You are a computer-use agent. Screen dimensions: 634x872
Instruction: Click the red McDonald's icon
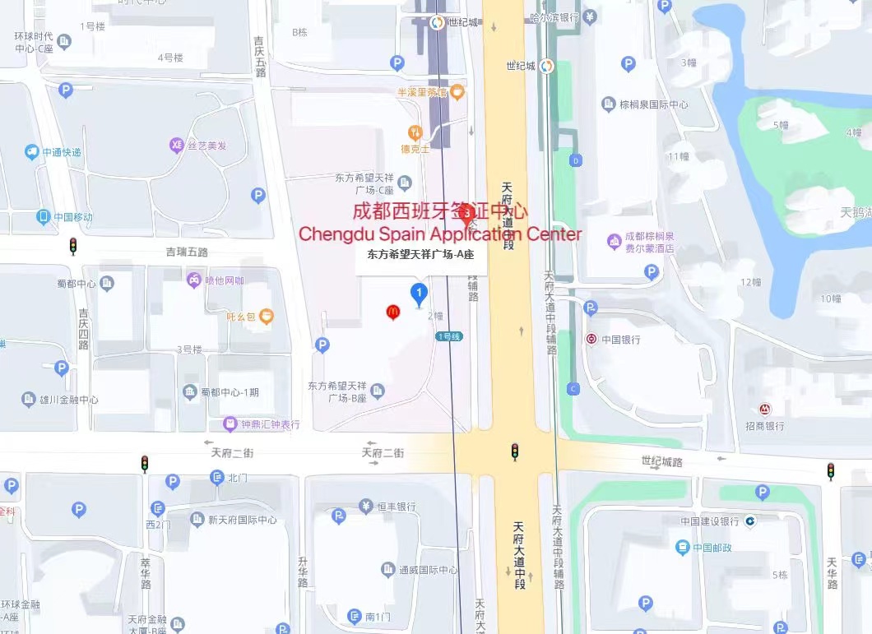(393, 312)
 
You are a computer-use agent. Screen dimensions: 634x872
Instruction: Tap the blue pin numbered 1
(420, 293)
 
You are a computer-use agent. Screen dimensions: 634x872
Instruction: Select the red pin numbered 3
(467, 216)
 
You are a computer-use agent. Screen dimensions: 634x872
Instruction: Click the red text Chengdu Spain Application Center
(440, 234)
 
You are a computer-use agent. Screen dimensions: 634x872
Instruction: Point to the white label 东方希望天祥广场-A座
(420, 255)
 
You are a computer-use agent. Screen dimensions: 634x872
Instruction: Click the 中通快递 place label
(62, 152)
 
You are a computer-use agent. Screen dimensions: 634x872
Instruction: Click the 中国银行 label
(619, 339)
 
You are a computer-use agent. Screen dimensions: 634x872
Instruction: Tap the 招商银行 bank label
(765, 425)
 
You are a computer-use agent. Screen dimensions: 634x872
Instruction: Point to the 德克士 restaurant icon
(415, 132)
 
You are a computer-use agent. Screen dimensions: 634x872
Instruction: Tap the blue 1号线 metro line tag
(449, 336)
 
